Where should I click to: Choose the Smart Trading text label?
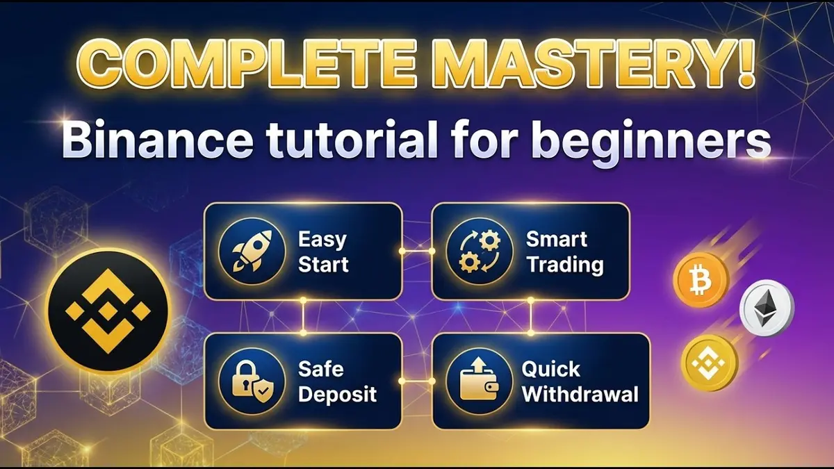point(564,252)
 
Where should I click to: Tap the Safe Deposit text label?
point(337,381)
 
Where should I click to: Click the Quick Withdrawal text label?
point(580,381)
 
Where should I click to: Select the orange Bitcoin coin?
point(701,281)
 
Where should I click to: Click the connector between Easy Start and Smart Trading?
point(417,251)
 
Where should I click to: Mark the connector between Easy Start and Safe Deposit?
point(303,316)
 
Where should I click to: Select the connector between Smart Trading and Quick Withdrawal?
point(531,316)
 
